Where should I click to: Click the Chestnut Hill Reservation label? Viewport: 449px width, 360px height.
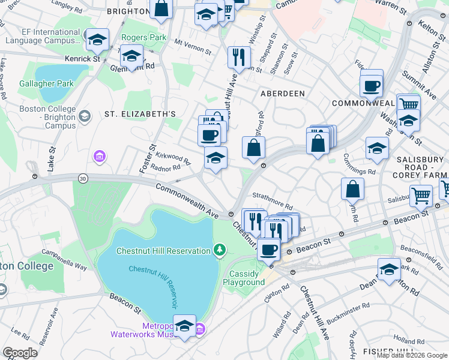163,250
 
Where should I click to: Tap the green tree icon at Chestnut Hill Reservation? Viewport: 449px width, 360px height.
220,250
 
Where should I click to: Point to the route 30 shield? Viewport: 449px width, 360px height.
82,178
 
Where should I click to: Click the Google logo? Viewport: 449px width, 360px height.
20,352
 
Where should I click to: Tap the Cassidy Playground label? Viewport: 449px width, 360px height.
244,278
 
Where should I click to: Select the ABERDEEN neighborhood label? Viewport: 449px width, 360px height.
282,94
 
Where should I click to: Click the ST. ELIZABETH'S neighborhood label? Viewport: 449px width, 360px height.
140,113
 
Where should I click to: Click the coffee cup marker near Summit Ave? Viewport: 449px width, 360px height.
372,85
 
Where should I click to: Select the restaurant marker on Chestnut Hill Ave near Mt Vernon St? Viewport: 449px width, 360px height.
239,58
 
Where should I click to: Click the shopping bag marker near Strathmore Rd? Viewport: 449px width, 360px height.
352,188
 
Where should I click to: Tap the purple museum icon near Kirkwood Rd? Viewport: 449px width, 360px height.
99,157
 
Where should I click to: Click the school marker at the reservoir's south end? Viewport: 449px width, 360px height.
185,326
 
